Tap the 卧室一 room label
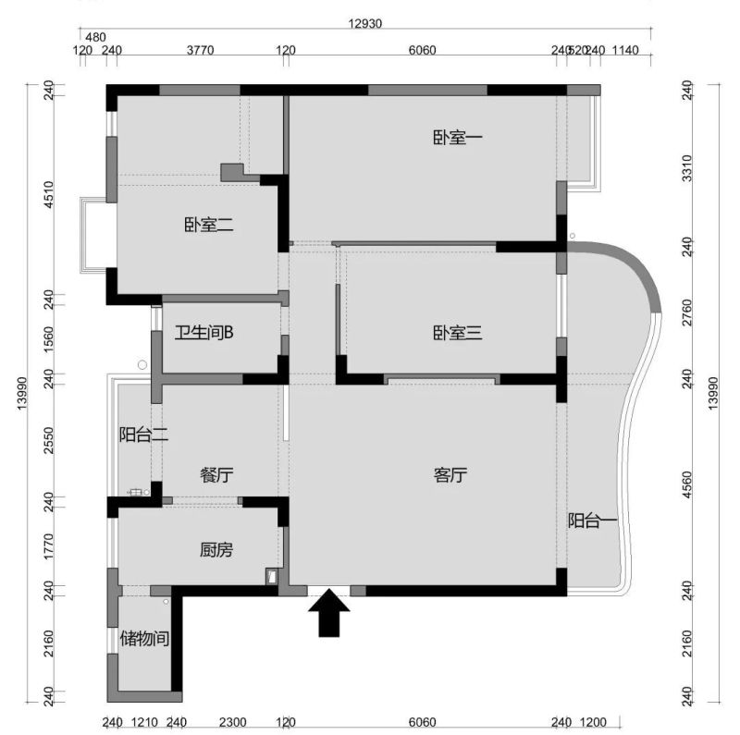point(458,138)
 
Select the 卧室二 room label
point(208,224)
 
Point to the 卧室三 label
point(458,333)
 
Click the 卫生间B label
point(204,333)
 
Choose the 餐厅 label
point(216,475)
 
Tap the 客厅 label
point(450,475)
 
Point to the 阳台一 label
point(592,521)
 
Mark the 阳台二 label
point(143,435)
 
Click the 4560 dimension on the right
point(686,484)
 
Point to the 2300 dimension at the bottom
point(232,722)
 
